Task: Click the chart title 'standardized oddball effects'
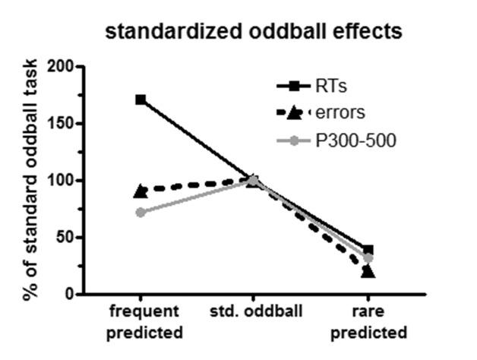click(x=254, y=31)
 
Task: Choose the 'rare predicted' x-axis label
click(x=368, y=322)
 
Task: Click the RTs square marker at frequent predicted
click(x=141, y=99)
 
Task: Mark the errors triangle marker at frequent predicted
click(x=141, y=191)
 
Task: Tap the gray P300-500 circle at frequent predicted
click(x=141, y=212)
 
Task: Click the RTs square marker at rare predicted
click(x=368, y=250)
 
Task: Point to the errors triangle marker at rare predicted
click(x=368, y=270)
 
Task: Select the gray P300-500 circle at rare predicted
click(x=368, y=258)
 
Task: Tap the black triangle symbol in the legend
click(x=292, y=113)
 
